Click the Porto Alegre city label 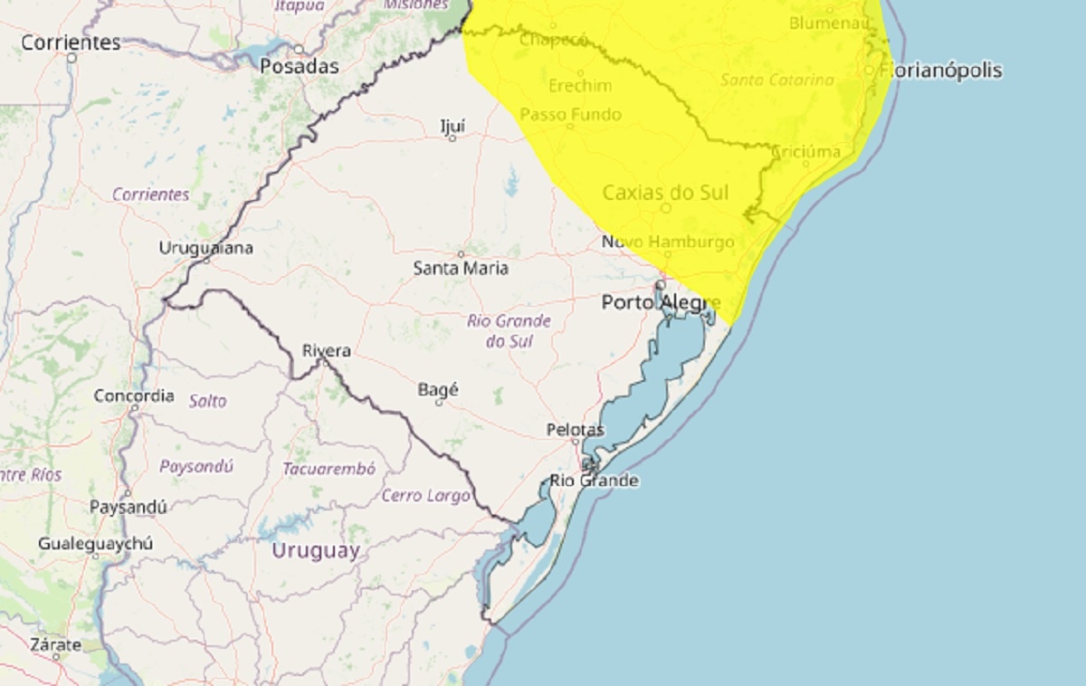(x=661, y=303)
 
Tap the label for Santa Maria (x=461, y=269)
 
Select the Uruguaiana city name (x=206, y=248)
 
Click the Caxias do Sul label (x=665, y=193)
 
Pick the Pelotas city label (x=576, y=430)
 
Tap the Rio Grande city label (x=595, y=481)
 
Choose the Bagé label (x=438, y=390)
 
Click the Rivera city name (x=326, y=350)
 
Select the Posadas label (x=300, y=66)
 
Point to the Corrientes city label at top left (x=71, y=43)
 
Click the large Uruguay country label (x=316, y=550)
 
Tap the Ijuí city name (x=452, y=126)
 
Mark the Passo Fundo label (x=570, y=115)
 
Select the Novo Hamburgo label (x=668, y=243)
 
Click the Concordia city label (x=134, y=395)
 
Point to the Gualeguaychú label (x=95, y=544)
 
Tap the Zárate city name (x=56, y=645)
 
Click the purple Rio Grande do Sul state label (x=509, y=330)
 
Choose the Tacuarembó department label (x=329, y=469)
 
